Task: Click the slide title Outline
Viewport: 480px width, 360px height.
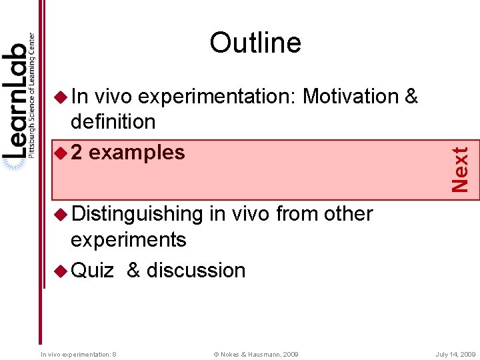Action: (255, 43)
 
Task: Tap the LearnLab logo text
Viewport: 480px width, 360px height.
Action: (15, 100)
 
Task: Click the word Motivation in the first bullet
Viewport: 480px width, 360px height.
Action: (350, 97)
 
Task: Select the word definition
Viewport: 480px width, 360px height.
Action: (113, 122)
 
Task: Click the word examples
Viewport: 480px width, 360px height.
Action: (137, 153)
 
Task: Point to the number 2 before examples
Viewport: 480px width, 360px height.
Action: (77, 153)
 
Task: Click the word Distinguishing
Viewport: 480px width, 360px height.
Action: (137, 214)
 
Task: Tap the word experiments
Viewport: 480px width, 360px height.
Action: (128, 239)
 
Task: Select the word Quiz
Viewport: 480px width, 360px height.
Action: (93, 270)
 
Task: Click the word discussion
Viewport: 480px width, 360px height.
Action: (196, 270)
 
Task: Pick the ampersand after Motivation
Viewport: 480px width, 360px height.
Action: (411, 97)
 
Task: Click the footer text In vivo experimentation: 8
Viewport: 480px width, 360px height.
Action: (79, 354)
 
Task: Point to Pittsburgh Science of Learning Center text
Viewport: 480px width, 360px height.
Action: (31, 93)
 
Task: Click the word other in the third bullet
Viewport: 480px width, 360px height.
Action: (348, 214)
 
